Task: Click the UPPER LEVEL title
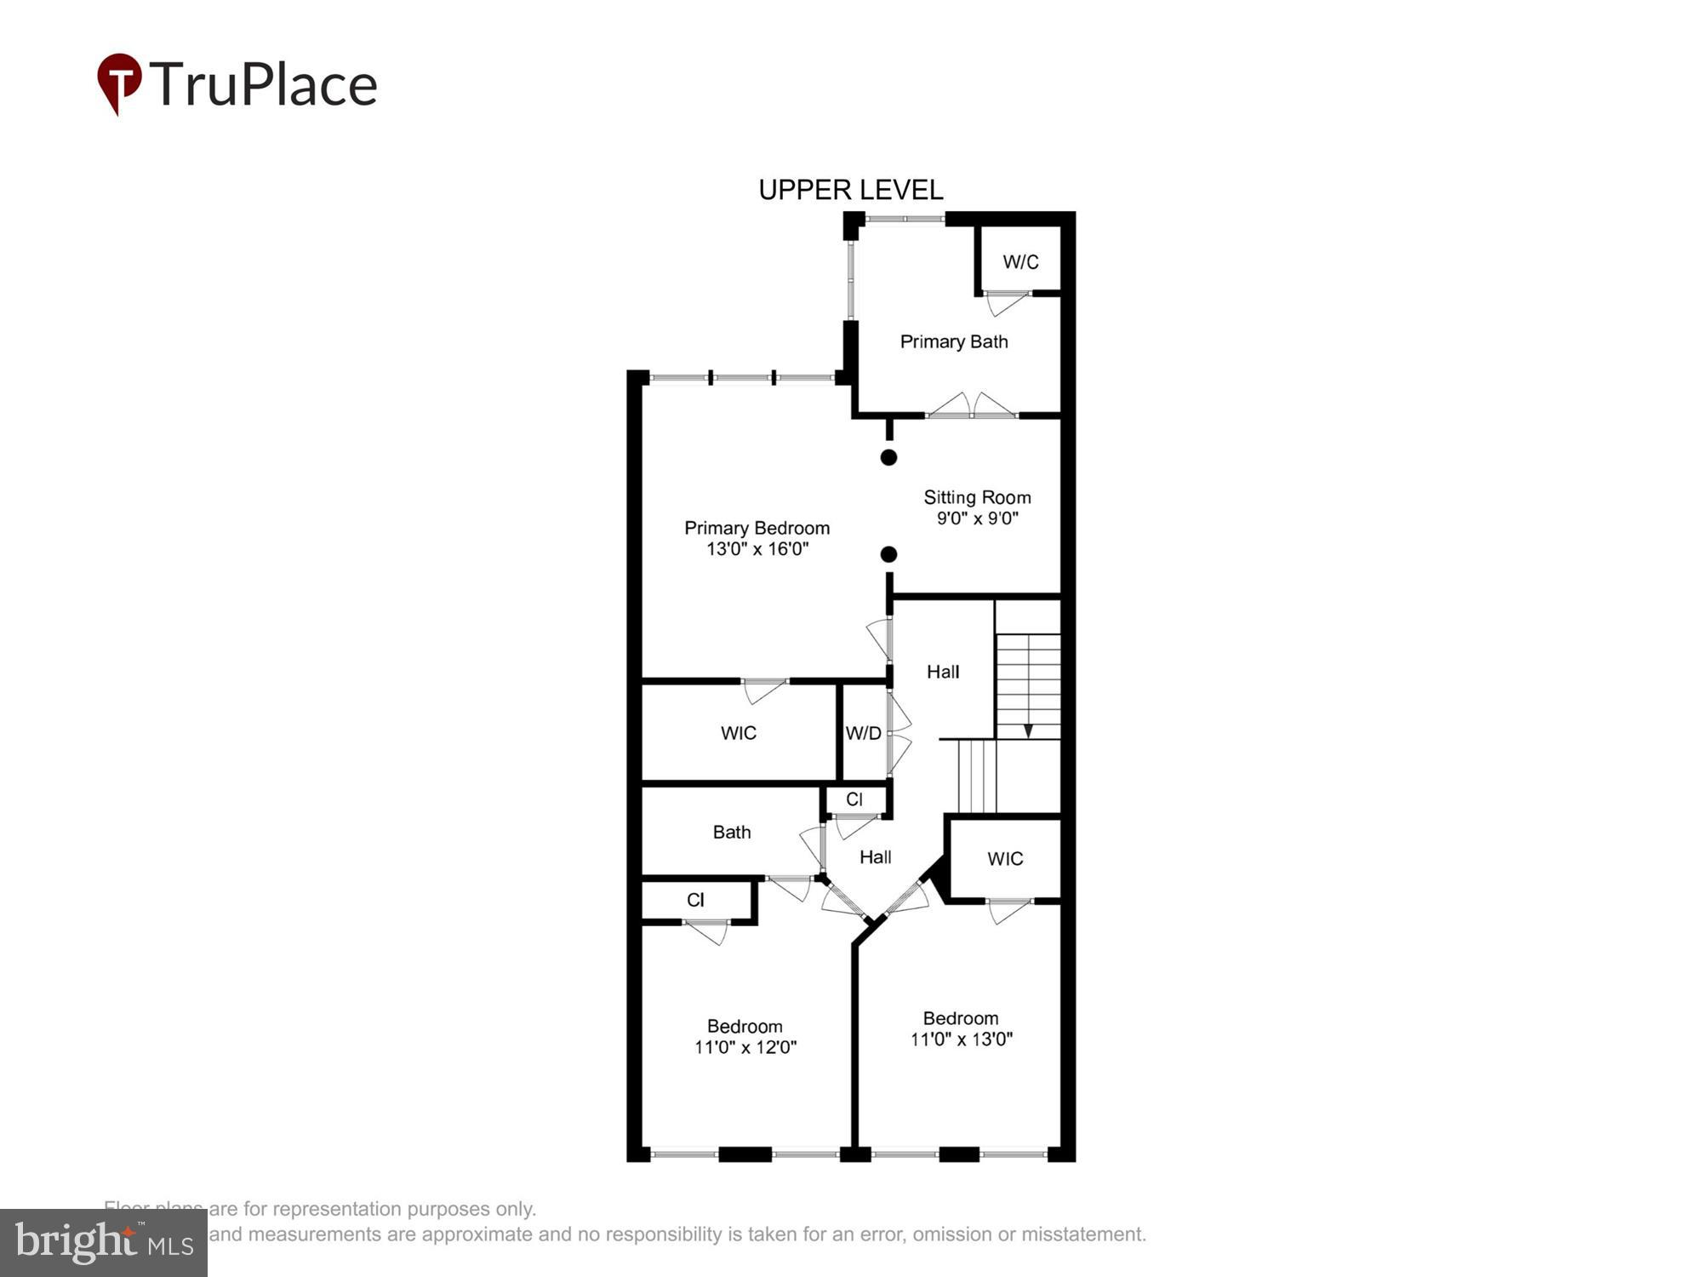click(850, 190)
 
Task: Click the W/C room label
click(1020, 261)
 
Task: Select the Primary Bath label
click(954, 341)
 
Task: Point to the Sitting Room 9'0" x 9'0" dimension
click(978, 518)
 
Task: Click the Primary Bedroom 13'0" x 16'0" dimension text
click(757, 549)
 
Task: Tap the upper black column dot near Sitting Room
click(888, 457)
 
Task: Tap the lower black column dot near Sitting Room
click(888, 554)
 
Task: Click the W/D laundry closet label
click(863, 733)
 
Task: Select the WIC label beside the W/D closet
click(738, 733)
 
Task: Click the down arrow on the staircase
click(1028, 730)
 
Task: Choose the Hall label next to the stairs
click(943, 672)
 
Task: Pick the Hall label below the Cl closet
click(875, 857)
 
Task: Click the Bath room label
click(732, 832)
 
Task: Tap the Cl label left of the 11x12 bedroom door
click(695, 900)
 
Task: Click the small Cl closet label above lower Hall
click(854, 799)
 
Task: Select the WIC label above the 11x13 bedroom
click(1005, 858)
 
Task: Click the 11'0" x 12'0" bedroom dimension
click(745, 1047)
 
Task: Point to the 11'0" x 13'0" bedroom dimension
click(962, 1039)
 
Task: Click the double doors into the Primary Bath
click(971, 406)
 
